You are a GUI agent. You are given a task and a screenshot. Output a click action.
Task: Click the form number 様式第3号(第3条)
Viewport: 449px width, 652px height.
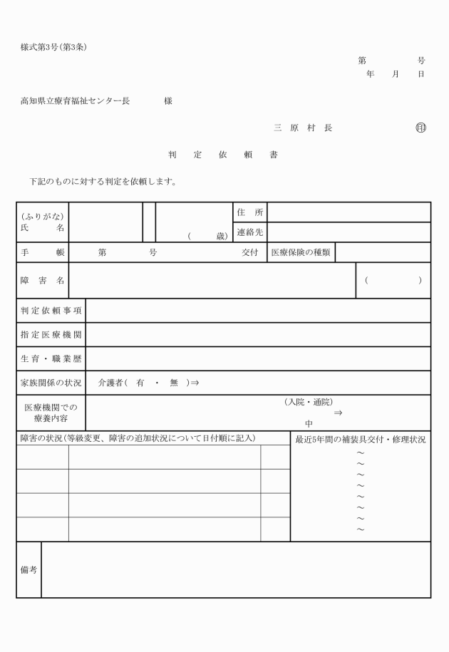(54, 48)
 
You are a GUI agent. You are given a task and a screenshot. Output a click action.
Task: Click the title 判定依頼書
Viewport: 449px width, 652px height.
(223, 155)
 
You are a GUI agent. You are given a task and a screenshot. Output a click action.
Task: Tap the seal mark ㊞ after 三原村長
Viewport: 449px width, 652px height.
(420, 128)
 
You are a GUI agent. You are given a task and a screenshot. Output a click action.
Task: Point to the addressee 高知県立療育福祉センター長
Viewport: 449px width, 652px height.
(75, 101)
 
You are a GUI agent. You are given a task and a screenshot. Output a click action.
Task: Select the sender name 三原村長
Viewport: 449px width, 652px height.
(303, 128)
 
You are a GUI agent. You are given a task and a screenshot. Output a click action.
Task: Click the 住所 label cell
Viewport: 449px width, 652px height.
(249, 212)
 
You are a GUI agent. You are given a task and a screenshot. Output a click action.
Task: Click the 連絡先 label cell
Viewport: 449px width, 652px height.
(249, 232)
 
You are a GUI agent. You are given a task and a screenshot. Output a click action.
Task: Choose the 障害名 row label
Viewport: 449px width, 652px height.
(43, 281)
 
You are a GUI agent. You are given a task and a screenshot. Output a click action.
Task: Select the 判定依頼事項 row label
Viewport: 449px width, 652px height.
(51, 311)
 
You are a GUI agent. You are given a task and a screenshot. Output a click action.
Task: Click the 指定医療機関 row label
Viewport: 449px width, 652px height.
(51, 335)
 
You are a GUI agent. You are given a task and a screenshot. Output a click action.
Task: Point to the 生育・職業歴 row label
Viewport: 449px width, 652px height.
(51, 359)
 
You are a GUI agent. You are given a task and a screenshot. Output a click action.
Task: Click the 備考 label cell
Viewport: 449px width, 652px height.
(29, 570)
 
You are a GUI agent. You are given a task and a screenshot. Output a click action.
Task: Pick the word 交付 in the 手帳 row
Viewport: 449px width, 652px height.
(249, 253)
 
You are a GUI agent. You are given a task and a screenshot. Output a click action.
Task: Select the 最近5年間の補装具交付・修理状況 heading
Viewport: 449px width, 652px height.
(361, 440)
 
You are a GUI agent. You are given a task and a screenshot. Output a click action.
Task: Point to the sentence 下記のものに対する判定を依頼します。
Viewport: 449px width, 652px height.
(103, 182)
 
